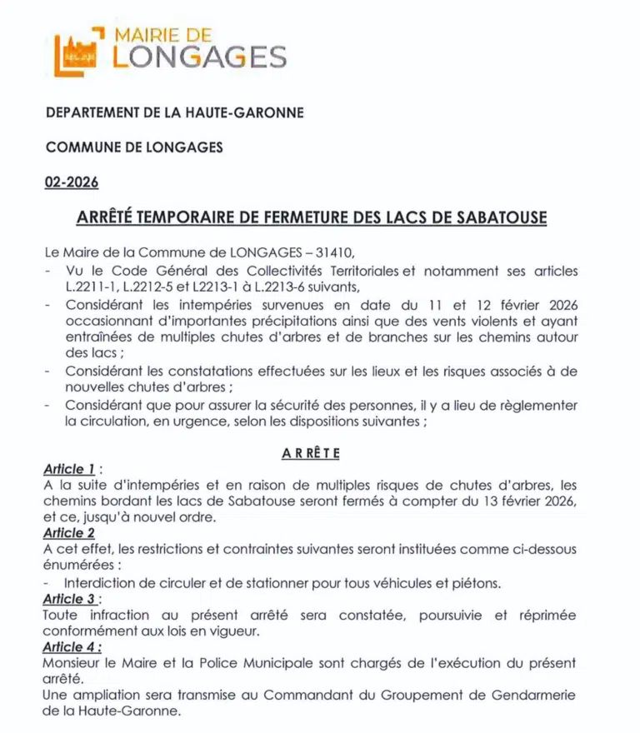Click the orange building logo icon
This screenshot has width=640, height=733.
pyautogui.click(x=77, y=52)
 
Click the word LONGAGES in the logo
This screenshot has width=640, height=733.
pyautogui.click(x=200, y=57)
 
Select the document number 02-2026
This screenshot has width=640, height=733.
pyautogui.click(x=72, y=182)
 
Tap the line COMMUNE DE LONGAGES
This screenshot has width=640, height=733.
pyautogui.click(x=134, y=147)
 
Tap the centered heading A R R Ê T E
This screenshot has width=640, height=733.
pyautogui.click(x=310, y=452)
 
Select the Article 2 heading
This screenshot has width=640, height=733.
pyautogui.click(x=69, y=533)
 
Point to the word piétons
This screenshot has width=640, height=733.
pyautogui.click(x=476, y=583)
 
